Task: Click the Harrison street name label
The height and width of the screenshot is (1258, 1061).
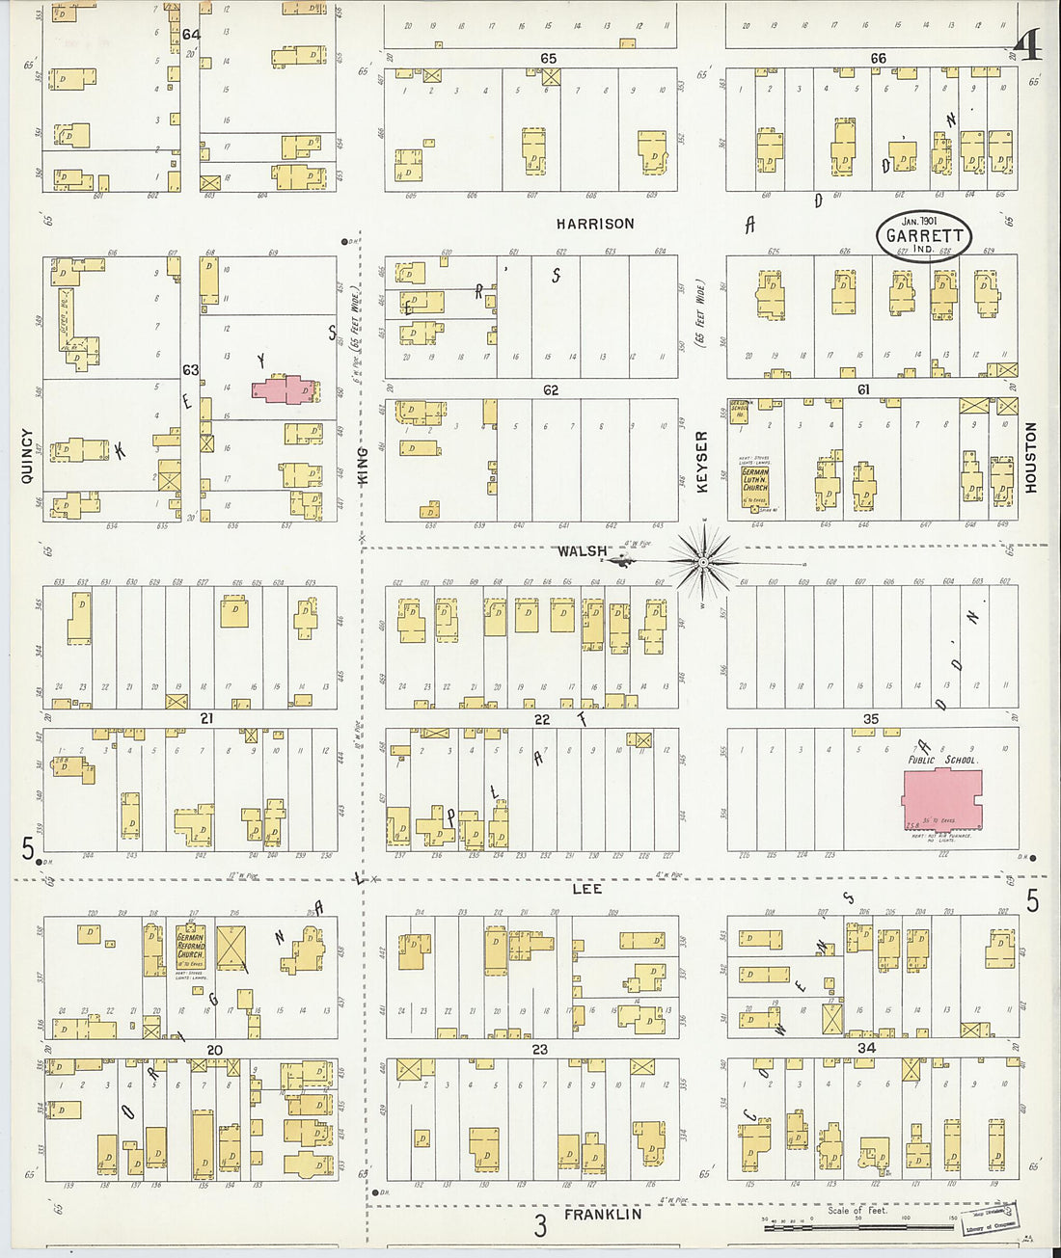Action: coord(595,224)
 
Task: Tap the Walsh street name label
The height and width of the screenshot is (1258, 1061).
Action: coord(582,551)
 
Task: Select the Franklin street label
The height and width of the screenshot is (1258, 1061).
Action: coord(603,1215)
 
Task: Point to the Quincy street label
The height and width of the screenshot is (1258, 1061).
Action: coord(27,456)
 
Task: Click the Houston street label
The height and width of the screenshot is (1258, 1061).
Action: coord(1030,458)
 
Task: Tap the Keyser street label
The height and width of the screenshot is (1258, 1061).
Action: coord(701,462)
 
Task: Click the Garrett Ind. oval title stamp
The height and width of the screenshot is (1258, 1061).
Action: coord(923,235)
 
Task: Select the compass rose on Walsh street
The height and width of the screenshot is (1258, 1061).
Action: coord(704,560)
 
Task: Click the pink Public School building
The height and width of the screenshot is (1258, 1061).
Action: coord(941,798)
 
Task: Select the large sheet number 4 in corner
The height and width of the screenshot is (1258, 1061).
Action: coord(1028,44)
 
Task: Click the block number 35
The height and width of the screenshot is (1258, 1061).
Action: coord(871,719)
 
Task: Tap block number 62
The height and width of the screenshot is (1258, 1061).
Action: coord(551,390)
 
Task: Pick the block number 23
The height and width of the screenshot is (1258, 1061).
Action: coord(539,1049)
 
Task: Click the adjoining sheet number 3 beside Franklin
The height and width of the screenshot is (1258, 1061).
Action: coord(540,1225)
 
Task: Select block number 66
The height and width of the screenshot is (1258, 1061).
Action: coord(878,59)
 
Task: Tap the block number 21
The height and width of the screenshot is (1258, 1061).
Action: coord(206,718)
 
